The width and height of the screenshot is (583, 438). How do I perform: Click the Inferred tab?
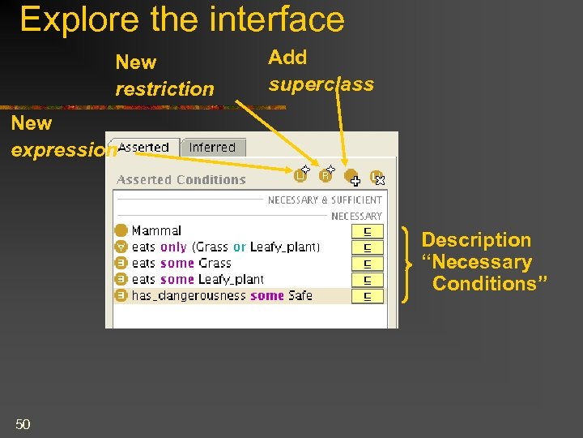click(212, 148)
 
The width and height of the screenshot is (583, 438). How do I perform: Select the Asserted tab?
click(144, 148)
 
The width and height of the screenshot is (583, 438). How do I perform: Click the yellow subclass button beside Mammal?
click(368, 231)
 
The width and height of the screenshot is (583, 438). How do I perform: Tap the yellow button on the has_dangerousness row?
click(368, 296)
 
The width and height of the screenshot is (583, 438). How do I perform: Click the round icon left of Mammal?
click(121, 231)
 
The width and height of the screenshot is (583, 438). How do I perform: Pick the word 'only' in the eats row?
click(173, 247)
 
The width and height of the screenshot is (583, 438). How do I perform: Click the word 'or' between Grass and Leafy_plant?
click(240, 247)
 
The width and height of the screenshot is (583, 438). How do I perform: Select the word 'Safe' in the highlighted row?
click(300, 296)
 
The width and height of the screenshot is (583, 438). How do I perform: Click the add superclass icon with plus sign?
click(351, 176)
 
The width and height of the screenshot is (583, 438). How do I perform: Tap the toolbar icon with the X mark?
click(377, 177)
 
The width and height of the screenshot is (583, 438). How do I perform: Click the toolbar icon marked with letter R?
click(326, 174)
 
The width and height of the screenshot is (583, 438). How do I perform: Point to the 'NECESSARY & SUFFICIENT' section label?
click(325, 200)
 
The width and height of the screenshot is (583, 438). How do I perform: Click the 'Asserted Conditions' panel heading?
click(181, 180)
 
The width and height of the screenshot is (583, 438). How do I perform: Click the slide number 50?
click(23, 423)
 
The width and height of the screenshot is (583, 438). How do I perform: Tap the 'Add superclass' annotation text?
click(321, 71)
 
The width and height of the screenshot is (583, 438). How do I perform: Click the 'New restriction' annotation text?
click(164, 75)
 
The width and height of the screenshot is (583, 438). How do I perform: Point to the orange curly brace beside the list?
click(406, 264)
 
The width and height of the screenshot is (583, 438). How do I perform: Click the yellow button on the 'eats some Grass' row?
click(368, 264)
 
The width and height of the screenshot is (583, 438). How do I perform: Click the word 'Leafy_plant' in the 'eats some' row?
click(232, 280)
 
